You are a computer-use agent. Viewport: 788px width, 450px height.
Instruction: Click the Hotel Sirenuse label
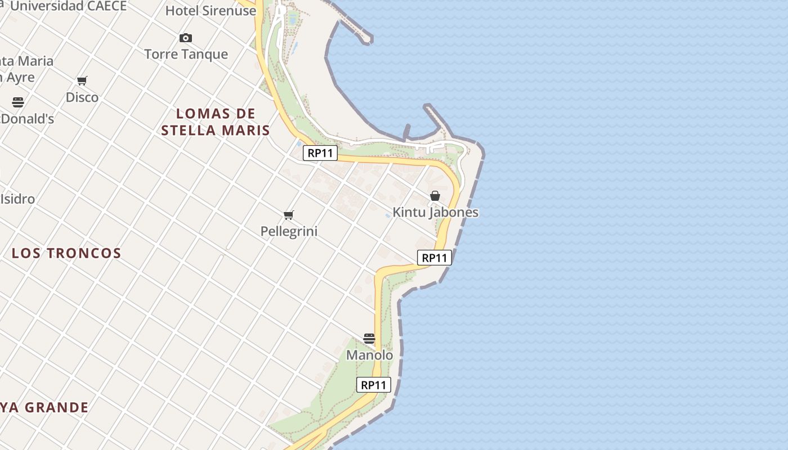[x=211, y=11]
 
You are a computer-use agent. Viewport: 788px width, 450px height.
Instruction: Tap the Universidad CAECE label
[x=68, y=6]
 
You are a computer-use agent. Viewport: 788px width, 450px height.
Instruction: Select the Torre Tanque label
[x=186, y=54]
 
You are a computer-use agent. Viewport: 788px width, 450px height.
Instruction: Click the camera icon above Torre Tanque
[x=186, y=38]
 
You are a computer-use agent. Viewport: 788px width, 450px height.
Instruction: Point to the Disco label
[x=82, y=97]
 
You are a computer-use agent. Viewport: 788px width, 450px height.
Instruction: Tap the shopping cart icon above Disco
[x=82, y=81]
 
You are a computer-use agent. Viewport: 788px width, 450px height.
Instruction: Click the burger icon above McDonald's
[x=18, y=102]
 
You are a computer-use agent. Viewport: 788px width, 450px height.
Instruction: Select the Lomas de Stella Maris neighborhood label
[x=216, y=122]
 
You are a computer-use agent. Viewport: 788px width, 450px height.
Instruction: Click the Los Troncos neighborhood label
[x=66, y=253]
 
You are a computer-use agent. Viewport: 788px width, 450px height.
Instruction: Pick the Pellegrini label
[x=289, y=231]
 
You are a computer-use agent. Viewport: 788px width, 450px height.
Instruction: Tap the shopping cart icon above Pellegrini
[x=289, y=215]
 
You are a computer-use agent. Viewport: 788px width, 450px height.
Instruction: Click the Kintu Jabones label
[x=435, y=212]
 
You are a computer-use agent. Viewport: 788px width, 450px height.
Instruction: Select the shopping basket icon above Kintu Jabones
[x=435, y=196]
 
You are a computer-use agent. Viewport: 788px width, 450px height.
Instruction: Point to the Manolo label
[x=369, y=355]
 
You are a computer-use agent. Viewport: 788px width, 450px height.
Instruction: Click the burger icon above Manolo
[x=369, y=339]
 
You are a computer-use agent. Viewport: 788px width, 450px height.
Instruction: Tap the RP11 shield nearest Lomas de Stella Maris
[x=320, y=153]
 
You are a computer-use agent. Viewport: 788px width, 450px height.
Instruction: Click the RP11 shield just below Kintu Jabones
[x=435, y=258]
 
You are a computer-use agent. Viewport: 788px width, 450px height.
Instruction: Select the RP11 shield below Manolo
[x=374, y=385]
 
